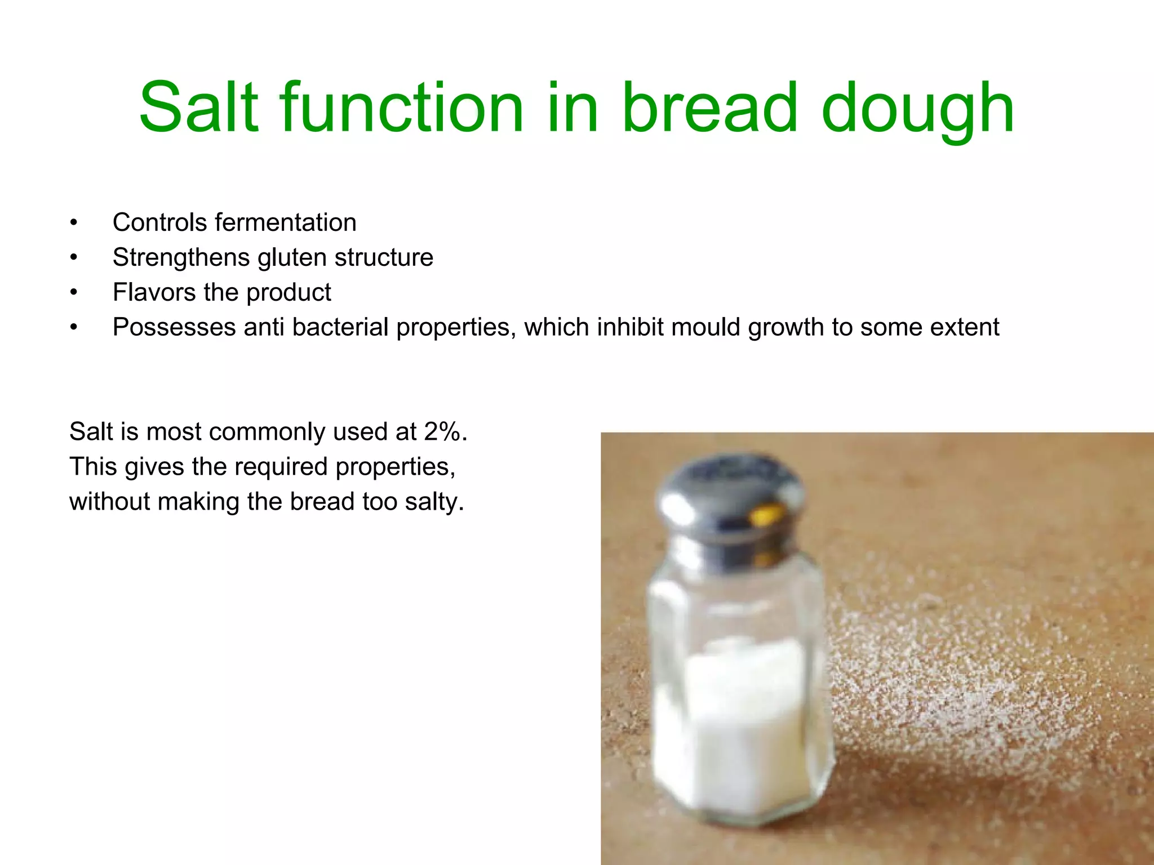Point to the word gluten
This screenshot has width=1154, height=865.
point(292,258)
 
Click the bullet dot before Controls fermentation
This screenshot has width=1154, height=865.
point(73,223)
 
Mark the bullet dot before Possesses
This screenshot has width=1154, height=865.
point(73,328)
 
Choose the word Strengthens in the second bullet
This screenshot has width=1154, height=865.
point(181,257)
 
